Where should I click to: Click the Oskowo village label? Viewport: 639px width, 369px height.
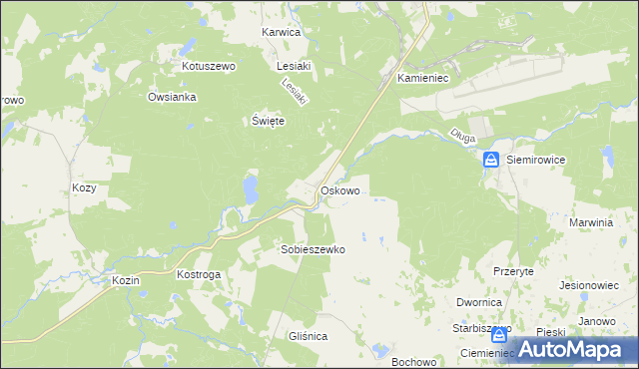[338, 189]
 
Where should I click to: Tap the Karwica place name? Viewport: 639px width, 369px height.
[281, 32]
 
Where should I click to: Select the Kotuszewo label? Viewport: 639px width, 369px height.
[208, 66]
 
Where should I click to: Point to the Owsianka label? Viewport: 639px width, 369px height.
[173, 97]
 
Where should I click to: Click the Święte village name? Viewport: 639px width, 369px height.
[268, 120]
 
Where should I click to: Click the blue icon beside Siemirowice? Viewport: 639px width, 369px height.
[492, 160]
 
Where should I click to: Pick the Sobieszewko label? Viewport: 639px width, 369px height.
[313, 250]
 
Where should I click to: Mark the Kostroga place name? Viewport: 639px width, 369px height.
[198, 273]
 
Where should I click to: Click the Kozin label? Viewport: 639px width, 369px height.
[126, 281]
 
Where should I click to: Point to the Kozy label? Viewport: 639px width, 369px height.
[84, 187]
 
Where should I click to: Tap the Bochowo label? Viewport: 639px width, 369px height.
[415, 361]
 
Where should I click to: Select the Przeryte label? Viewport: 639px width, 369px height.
[514, 270]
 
